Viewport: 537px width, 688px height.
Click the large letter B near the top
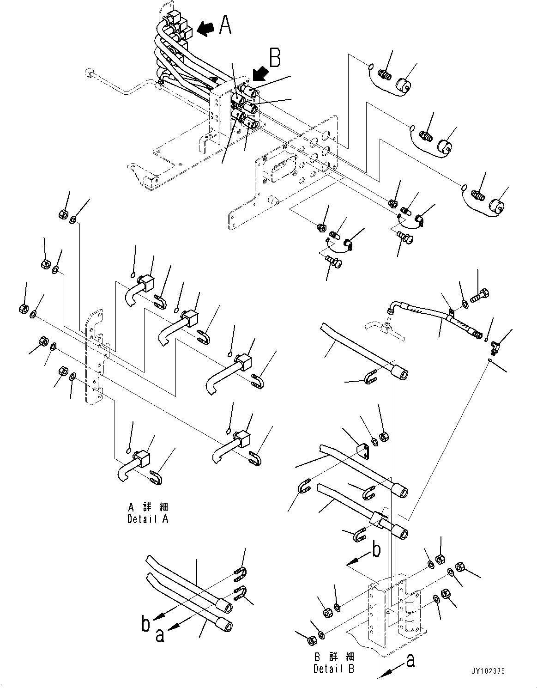pos(276,60)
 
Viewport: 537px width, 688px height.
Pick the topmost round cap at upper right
pos(405,85)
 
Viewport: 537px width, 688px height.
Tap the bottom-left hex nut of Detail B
pos(311,640)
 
